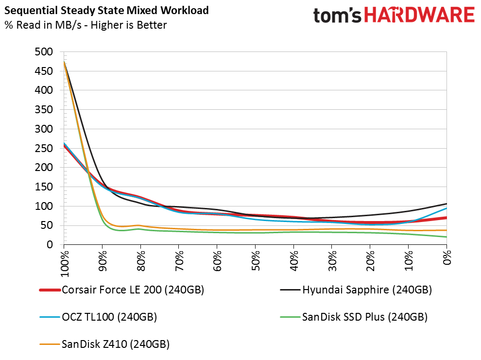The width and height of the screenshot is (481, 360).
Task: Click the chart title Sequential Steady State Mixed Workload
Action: pyautogui.click(x=106, y=11)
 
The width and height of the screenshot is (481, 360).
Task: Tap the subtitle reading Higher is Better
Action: pyautogui.click(x=129, y=25)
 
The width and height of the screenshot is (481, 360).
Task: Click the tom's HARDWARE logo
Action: pyautogui.click(x=394, y=16)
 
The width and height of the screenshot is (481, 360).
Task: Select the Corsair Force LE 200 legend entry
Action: pyautogui.click(x=122, y=290)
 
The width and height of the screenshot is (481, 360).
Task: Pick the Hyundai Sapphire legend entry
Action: pyautogui.click(x=356, y=290)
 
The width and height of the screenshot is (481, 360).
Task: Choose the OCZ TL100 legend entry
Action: pyautogui.click(x=98, y=317)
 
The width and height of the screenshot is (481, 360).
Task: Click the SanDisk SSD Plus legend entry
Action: pyautogui.click(x=354, y=317)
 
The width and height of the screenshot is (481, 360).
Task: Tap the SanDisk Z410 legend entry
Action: pyautogui.click(x=104, y=344)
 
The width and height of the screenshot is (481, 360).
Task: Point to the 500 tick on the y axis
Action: pyautogui.click(x=44, y=52)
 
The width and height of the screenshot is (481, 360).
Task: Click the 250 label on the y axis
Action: pyautogui.click(x=44, y=148)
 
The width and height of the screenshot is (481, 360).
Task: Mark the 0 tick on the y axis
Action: pyautogui.click(x=50, y=245)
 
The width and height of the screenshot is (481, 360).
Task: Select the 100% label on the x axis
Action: pyautogui.click(x=65, y=264)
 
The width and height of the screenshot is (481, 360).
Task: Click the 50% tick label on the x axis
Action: pyautogui.click(x=256, y=260)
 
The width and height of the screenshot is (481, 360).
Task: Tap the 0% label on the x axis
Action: pyautogui.click(x=447, y=257)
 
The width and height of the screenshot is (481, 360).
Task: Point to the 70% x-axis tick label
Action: pyautogui.click(x=179, y=260)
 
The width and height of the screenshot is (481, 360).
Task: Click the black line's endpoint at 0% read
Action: pyautogui.click(x=447, y=204)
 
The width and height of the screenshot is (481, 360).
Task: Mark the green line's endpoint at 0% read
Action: pyautogui.click(x=447, y=237)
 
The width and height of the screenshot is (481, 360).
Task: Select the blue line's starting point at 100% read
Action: pyautogui.click(x=64, y=143)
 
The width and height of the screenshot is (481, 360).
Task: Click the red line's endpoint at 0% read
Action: pyautogui.click(x=447, y=218)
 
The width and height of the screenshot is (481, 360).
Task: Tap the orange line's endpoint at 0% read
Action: pyautogui.click(x=447, y=230)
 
